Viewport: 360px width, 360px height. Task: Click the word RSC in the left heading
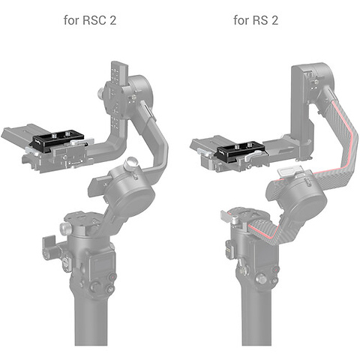tap(94, 20)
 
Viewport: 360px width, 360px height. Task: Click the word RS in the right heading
tap(260, 20)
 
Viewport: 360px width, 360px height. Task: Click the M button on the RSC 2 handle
tap(110, 289)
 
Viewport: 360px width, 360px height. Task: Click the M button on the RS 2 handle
tap(274, 280)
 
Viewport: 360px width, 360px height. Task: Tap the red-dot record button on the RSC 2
tap(112, 277)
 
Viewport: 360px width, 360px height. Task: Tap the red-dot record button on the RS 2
tap(275, 270)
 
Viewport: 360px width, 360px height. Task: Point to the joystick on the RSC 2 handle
tap(95, 286)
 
